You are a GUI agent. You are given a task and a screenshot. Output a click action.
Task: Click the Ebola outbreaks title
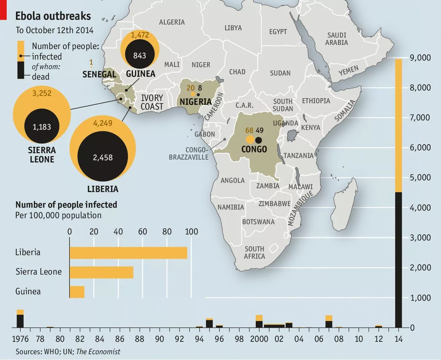coord(53,16)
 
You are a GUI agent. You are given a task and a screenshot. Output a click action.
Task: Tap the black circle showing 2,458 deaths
coord(103,157)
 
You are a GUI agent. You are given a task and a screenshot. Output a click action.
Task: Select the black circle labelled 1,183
coord(42,127)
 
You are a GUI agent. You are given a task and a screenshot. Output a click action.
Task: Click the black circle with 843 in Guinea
coord(140,56)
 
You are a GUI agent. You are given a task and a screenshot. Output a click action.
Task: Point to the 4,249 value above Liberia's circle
coord(103,123)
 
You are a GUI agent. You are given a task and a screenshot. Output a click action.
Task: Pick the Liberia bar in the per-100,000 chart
coord(128,253)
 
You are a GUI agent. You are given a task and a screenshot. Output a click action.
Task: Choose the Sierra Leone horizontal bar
coord(101,272)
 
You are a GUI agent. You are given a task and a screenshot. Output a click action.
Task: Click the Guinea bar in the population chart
coord(77,291)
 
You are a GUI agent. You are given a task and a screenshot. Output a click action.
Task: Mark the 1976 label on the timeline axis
coord(20,339)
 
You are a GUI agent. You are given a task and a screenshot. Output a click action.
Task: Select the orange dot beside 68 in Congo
coord(250,140)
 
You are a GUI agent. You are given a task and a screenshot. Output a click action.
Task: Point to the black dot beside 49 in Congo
coord(259,140)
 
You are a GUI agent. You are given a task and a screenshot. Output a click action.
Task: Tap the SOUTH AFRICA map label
coord(254,252)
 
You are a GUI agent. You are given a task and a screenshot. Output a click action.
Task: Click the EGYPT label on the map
coord(278,32)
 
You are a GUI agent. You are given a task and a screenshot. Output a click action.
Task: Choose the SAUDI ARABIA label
coord(336,39)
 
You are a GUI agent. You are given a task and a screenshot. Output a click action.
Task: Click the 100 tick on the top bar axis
coord(191,232)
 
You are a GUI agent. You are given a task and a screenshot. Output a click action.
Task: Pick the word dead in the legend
coord(40,77)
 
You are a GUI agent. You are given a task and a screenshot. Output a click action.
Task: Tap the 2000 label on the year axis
coord(259,339)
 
